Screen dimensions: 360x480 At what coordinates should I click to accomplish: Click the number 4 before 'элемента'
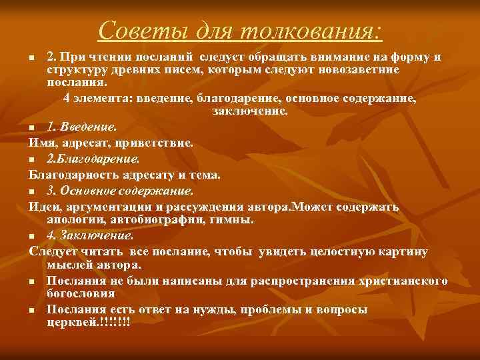point(67,99)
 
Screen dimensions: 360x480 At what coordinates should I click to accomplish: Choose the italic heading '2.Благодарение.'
point(93,159)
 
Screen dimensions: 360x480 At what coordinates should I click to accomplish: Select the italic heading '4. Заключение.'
point(90,235)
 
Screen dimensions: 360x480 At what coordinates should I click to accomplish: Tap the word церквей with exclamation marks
point(89,323)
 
